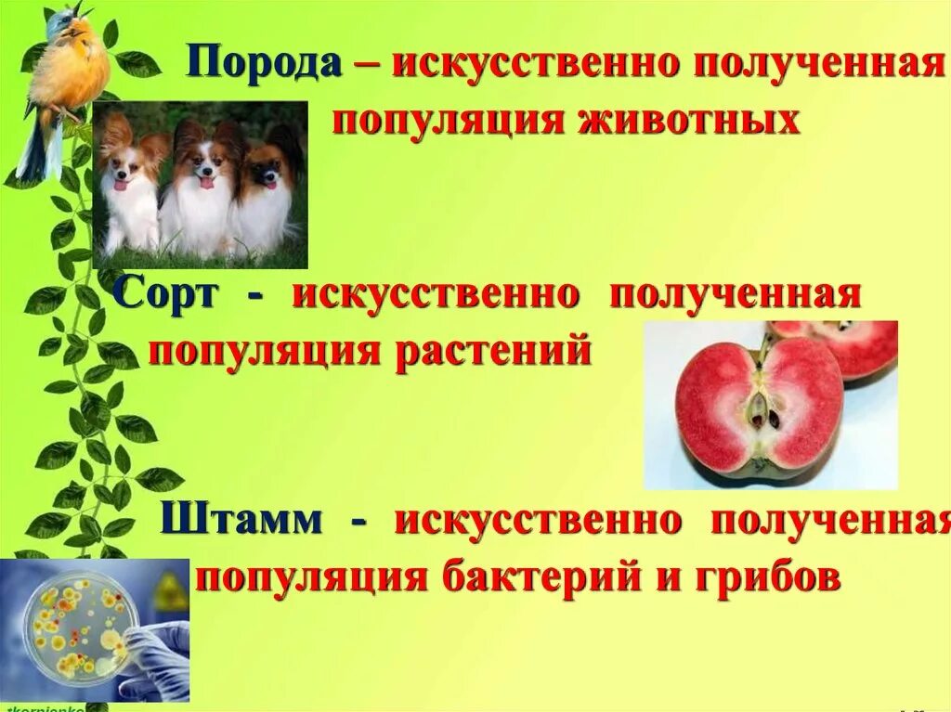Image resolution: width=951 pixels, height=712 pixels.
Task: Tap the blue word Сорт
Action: pos(167,295)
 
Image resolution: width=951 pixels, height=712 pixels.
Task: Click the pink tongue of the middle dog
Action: pos(204,183)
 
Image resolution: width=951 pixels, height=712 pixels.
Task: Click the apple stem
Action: pos(763,349)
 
